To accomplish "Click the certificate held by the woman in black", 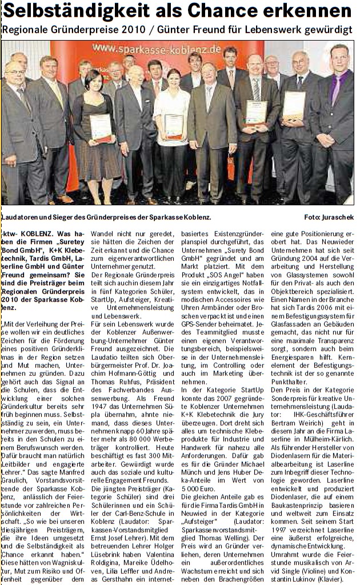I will pyautogui.click(x=101, y=127).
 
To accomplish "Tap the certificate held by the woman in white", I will pyautogui.click(x=174, y=125).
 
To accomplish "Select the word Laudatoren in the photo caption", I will pyautogui.click(x=20, y=217).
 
